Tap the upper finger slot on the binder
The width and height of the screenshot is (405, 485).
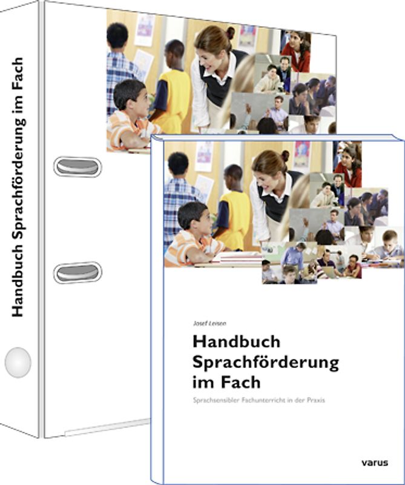(x=77, y=166)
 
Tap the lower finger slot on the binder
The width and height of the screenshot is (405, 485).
(x=77, y=272)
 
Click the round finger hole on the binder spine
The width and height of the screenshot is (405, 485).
(x=18, y=363)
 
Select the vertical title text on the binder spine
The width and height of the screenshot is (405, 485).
(x=19, y=188)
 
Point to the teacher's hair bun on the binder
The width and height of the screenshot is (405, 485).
(x=231, y=32)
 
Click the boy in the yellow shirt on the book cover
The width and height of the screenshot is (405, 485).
(x=233, y=206)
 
